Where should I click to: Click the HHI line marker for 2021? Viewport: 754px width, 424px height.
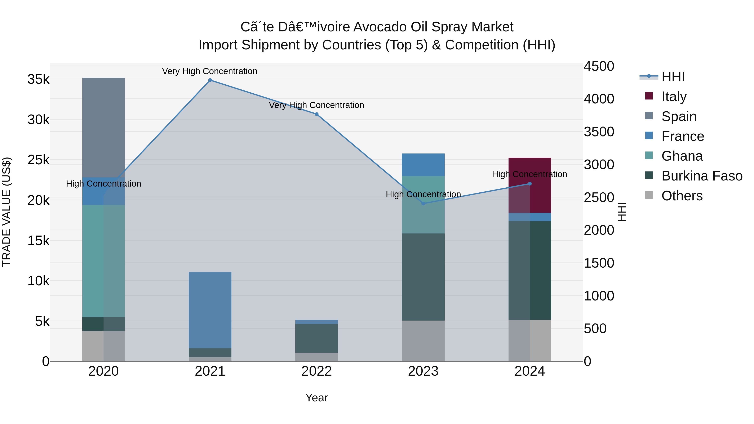210,80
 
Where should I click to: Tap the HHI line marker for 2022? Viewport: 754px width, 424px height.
316,114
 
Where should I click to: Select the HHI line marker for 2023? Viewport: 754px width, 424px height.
423,203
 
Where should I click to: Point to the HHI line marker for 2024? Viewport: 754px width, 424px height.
529,184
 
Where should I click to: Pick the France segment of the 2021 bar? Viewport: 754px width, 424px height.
210,310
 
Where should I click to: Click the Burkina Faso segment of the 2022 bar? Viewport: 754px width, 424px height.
316,338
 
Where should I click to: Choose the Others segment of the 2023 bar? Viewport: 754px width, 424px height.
423,341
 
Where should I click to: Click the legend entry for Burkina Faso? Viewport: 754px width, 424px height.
702,176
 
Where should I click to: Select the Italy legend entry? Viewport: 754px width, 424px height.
674,96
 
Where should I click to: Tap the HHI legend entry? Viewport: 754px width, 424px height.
673,77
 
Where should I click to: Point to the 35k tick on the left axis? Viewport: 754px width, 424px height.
38,79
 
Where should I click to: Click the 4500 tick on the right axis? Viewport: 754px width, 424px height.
599,66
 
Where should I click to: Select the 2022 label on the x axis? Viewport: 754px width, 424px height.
316,371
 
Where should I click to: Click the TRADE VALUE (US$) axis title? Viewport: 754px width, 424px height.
6,212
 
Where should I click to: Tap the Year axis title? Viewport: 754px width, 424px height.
316,398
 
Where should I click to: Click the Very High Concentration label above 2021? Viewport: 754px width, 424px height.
210,71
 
